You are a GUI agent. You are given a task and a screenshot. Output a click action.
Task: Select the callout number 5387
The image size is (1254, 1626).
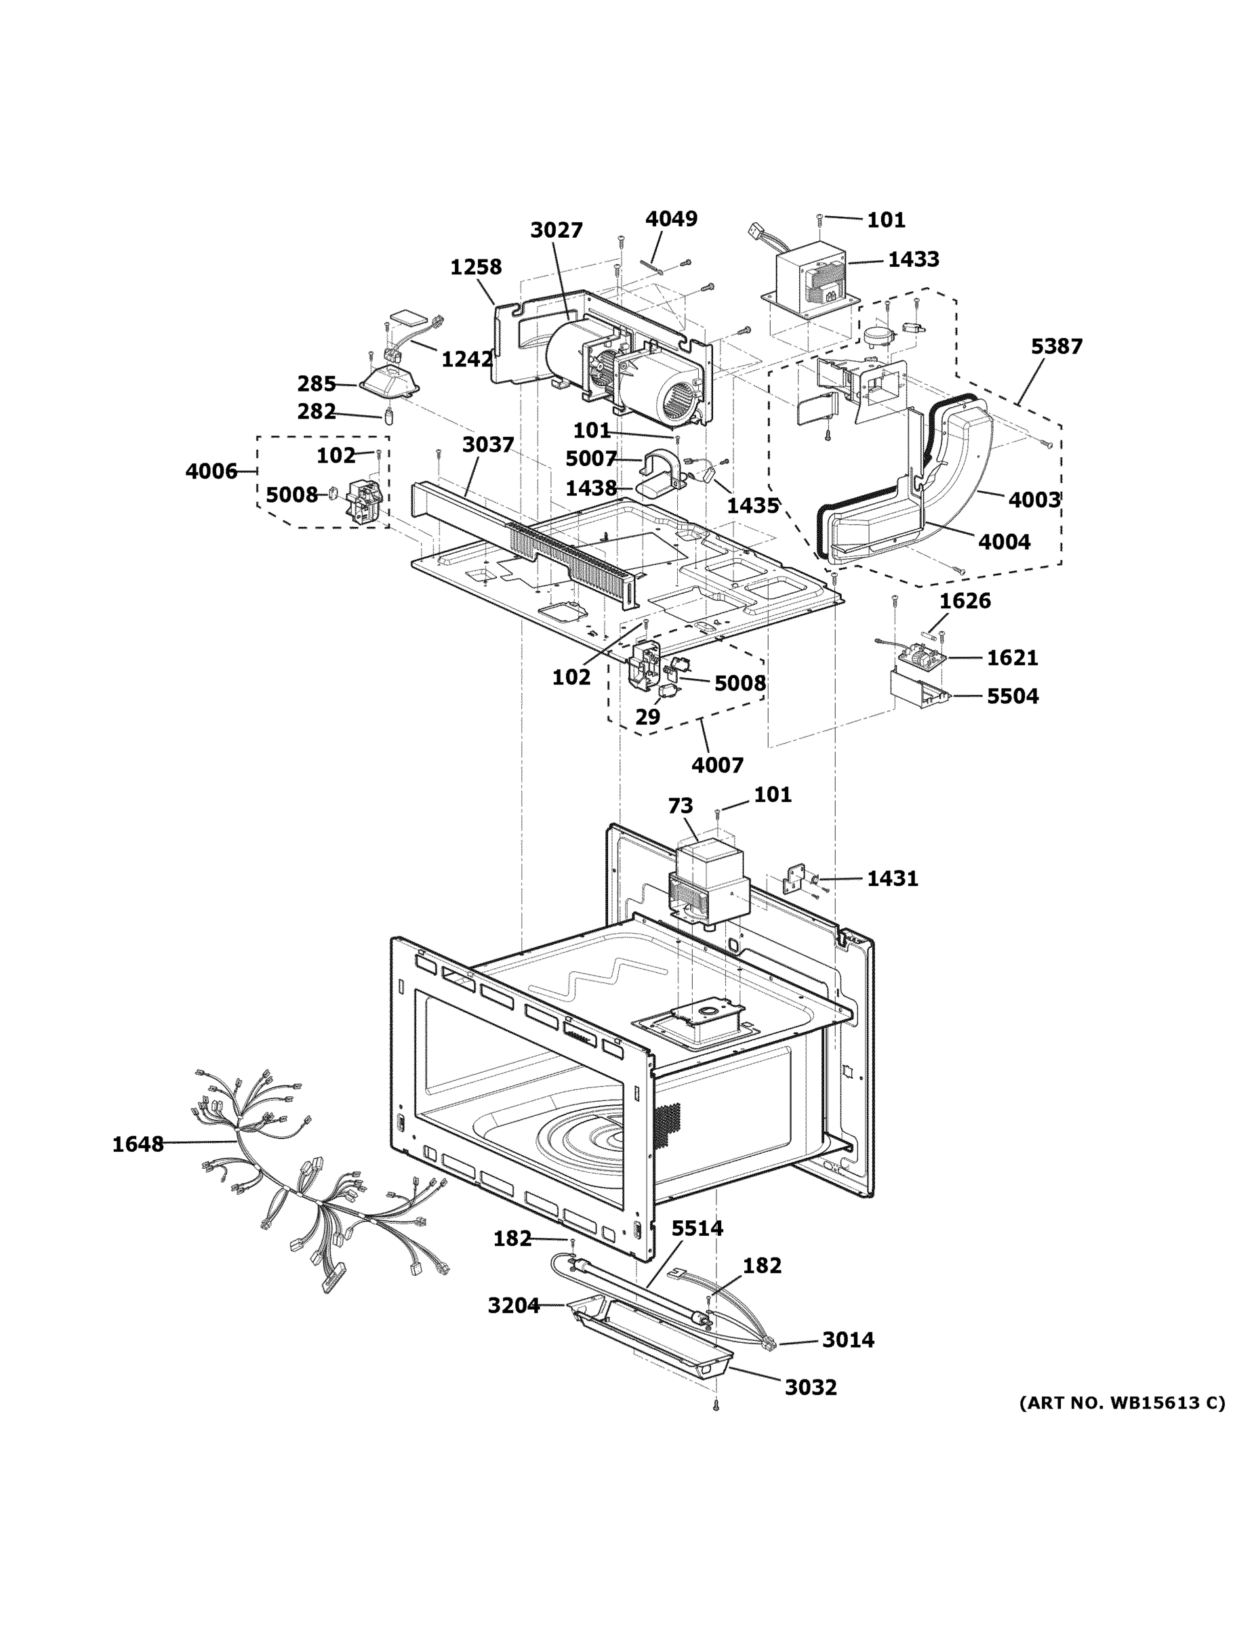(x=1056, y=346)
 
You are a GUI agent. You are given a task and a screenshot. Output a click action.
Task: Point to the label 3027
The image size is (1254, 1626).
(x=557, y=230)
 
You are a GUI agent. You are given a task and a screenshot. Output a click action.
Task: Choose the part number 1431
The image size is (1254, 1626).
(x=892, y=879)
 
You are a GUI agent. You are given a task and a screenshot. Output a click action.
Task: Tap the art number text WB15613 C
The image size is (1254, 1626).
(x=1121, y=1402)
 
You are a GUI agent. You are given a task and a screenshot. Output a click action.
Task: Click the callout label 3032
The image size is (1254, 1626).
(x=810, y=1387)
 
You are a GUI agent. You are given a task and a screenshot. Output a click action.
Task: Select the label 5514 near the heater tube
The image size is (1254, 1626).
(x=697, y=1228)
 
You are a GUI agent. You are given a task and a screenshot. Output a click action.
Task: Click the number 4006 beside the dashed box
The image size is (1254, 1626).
(x=211, y=472)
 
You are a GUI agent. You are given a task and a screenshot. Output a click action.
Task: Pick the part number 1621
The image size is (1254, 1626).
(x=1012, y=657)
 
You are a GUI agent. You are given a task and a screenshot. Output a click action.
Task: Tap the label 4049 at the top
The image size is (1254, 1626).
(x=671, y=219)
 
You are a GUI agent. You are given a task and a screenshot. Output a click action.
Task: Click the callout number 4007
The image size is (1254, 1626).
(x=717, y=765)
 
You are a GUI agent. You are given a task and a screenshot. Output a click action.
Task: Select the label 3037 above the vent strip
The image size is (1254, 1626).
(x=488, y=444)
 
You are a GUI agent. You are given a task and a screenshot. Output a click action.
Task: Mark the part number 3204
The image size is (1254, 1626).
(x=513, y=1305)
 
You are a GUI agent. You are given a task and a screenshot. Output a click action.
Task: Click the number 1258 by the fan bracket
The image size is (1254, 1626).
(x=475, y=266)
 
